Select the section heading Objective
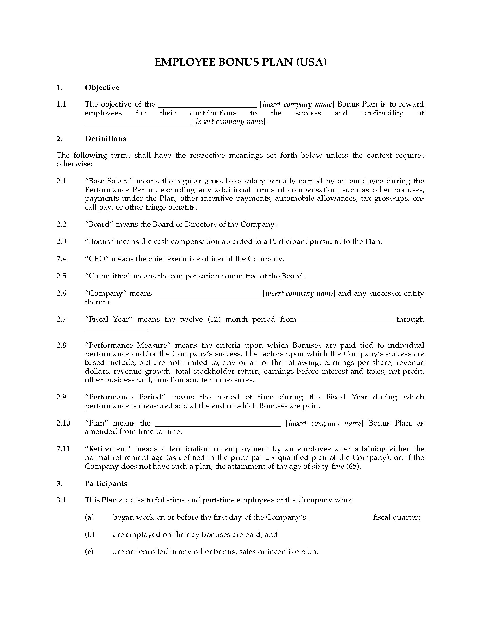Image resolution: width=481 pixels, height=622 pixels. pos(102,87)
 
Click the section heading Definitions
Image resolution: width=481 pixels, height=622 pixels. pos(106,139)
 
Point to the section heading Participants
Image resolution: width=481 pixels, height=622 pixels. pos(106,483)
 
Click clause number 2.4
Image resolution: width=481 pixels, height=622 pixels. pos(61,259)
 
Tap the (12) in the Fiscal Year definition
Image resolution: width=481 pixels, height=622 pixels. pos(214,319)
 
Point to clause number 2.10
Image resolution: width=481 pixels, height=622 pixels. pos(63,423)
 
